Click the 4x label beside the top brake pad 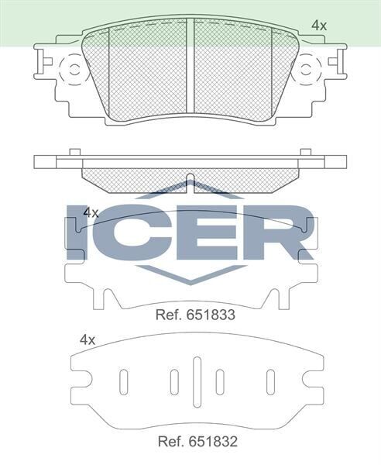pyautogui.click(x=318, y=26)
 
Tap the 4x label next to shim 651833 pyautogui.click(x=91, y=212)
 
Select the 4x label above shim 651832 pyautogui.click(x=87, y=339)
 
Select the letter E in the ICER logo pyautogui.click(x=201, y=232)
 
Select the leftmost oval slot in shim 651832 pyautogui.click(x=124, y=382)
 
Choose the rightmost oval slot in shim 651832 pyautogui.click(x=270, y=382)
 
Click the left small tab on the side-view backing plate pyautogui.click(x=74, y=152)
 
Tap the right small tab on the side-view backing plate pyautogui.click(x=305, y=152)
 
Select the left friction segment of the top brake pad pyautogui.click(x=147, y=70)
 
